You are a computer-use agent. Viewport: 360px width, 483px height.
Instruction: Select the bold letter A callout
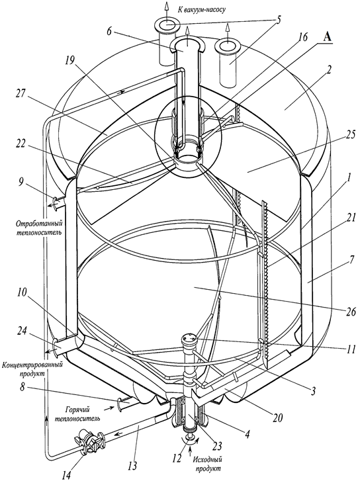[x=327, y=37]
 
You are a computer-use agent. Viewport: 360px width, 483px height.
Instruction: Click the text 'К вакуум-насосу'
[x=201, y=9]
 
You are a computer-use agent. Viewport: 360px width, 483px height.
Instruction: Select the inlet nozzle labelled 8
[x=125, y=404]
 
